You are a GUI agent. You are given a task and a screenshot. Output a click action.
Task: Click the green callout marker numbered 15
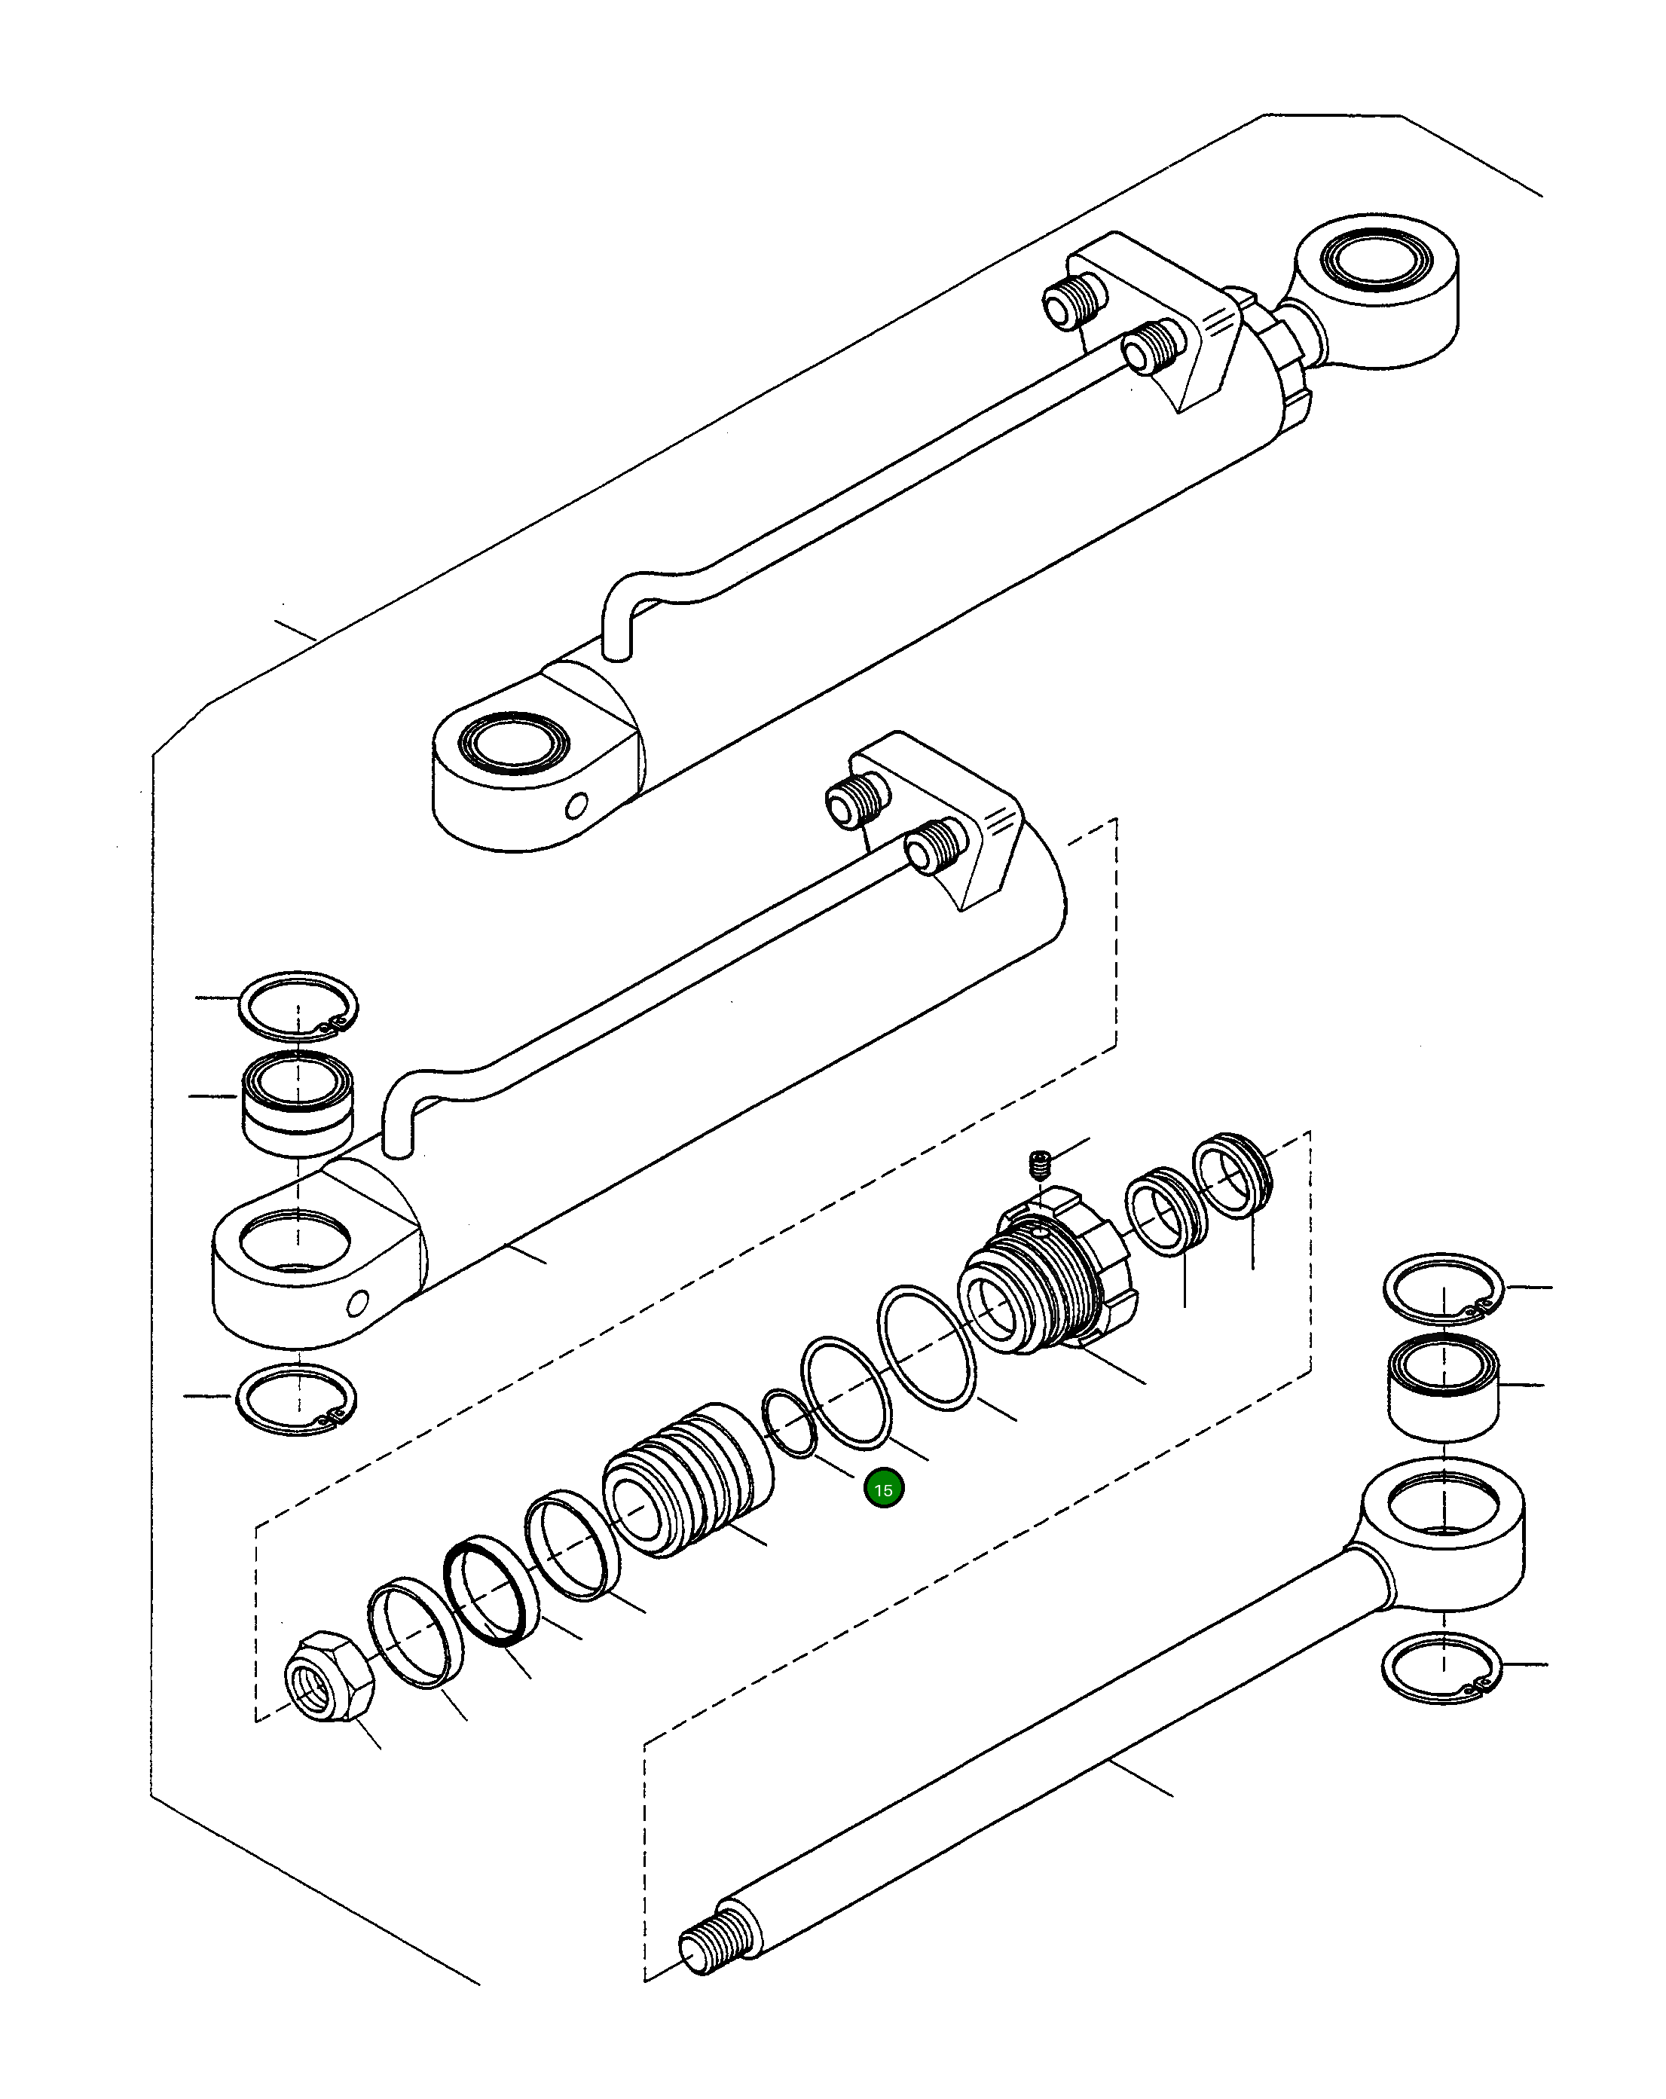[883, 1489]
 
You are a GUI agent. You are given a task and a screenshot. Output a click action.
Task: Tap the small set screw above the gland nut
[1039, 1163]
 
